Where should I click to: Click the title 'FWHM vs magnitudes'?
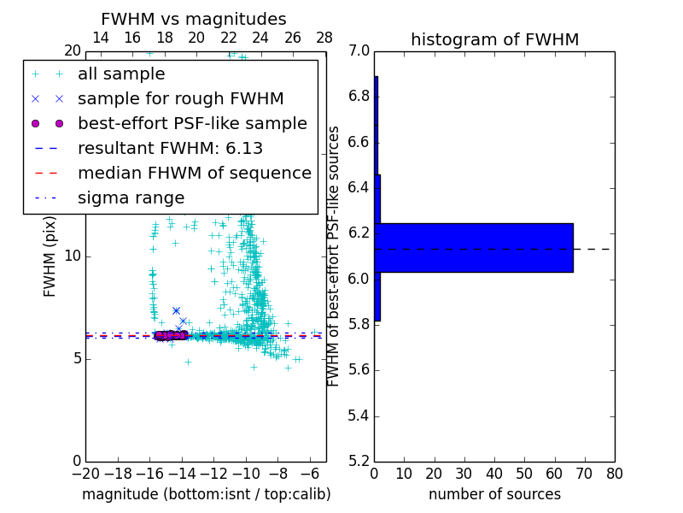194,19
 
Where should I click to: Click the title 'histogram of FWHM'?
494,39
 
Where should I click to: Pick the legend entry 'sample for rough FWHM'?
180,99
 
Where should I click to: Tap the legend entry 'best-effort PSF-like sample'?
192,123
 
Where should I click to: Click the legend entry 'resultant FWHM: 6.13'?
170,148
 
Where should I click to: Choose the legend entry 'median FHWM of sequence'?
194,173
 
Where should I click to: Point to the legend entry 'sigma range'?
131,198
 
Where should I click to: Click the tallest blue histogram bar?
474,248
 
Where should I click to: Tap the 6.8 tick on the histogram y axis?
359,96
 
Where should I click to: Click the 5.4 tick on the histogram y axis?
359,416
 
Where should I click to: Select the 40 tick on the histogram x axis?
494,473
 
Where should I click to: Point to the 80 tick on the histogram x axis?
614,473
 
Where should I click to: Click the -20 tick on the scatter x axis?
85,473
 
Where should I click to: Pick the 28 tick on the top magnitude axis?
324,38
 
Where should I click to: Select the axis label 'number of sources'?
494,494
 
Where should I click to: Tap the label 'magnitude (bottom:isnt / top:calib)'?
206,494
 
